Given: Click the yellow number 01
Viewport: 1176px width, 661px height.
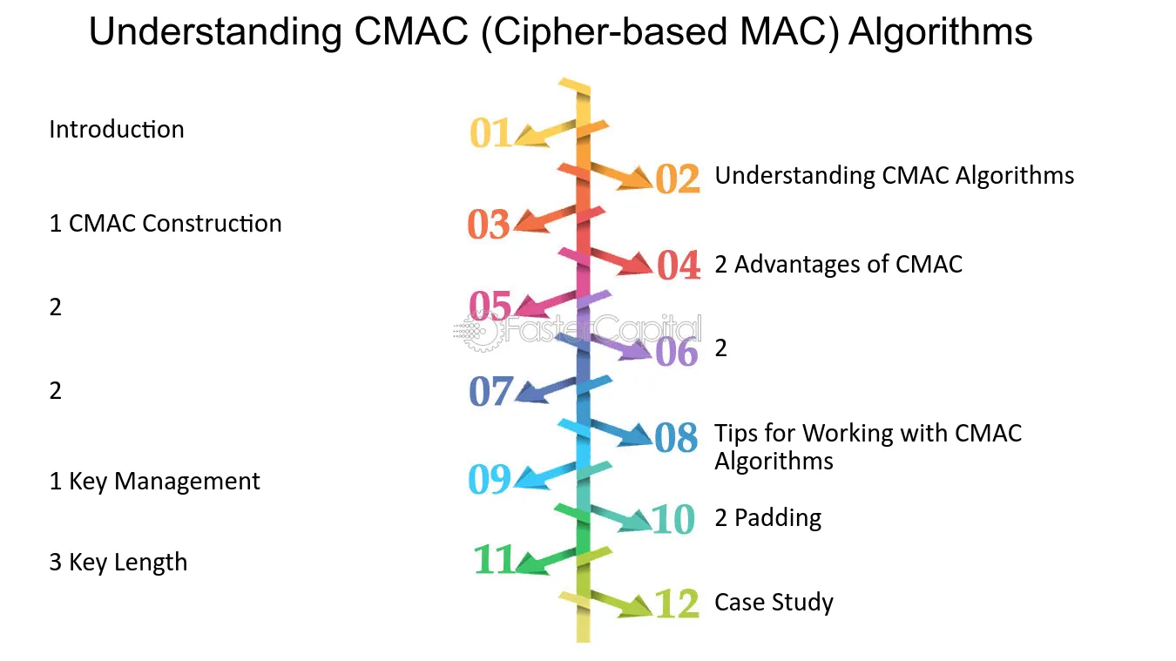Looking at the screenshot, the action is point(490,132).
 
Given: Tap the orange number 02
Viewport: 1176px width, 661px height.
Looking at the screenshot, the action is point(677,179).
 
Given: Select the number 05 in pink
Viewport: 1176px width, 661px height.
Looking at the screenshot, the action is point(490,306).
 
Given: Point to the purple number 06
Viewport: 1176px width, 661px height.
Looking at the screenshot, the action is point(677,351).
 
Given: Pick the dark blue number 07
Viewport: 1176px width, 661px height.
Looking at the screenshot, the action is point(490,391).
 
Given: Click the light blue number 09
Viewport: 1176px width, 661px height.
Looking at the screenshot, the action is point(490,479).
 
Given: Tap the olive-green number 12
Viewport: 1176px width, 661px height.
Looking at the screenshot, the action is point(677,603).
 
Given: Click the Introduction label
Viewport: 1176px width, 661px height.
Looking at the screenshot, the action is point(117,129).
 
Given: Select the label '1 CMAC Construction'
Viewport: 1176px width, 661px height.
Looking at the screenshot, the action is point(166,223).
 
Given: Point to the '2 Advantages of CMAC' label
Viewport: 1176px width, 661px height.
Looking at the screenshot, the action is point(838,264).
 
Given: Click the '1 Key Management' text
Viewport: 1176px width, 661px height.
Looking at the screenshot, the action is point(154,482).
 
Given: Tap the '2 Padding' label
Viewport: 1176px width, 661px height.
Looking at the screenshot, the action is point(768,518).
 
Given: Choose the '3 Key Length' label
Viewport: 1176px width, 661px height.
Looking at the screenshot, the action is point(118,563).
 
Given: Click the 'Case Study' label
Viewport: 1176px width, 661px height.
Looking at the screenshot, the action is point(774,602).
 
